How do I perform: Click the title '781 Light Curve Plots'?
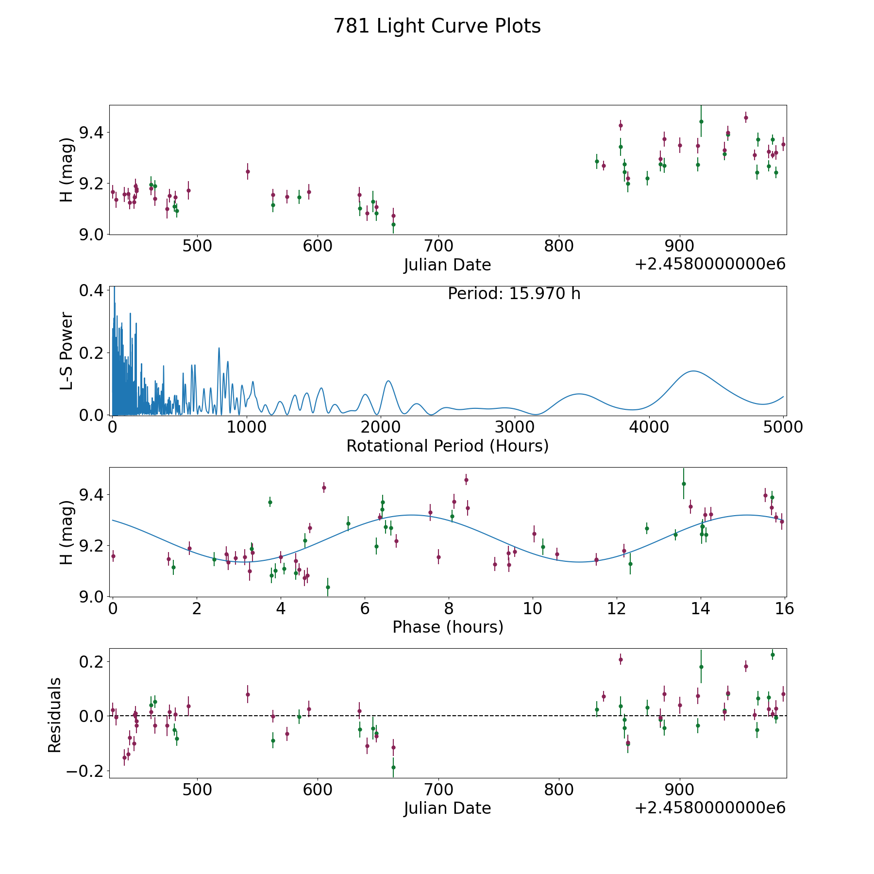click(x=437, y=27)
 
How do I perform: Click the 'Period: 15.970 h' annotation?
click(x=514, y=294)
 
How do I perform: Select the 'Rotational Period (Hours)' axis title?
click(x=447, y=446)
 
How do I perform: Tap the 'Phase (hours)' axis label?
click(x=448, y=627)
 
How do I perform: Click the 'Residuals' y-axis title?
click(x=55, y=715)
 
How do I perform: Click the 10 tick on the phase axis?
click(x=533, y=608)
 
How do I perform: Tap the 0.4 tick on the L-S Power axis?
click(x=91, y=290)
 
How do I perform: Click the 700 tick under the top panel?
click(x=438, y=246)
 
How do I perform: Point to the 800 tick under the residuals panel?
click(x=558, y=790)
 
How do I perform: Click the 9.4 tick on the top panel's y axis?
click(x=91, y=132)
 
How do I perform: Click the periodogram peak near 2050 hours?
click(x=388, y=381)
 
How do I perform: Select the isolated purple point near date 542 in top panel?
click(x=248, y=171)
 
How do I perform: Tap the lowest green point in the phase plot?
click(x=328, y=587)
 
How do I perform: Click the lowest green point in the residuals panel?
click(x=393, y=768)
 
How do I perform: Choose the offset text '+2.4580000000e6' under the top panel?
click(x=710, y=264)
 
